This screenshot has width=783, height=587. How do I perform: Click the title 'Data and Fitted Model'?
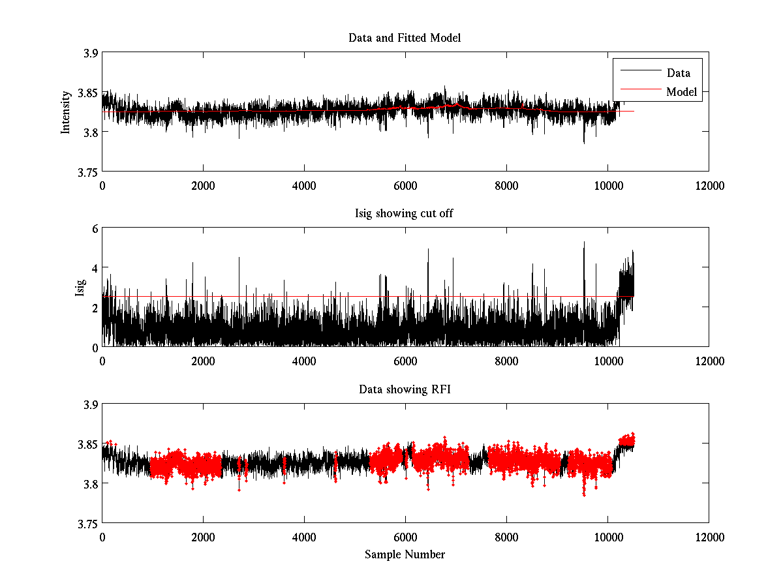(x=405, y=38)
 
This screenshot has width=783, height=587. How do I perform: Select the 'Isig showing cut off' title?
(x=405, y=214)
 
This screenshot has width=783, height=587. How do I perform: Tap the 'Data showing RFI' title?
(x=405, y=390)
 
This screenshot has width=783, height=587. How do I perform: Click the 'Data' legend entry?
(x=678, y=73)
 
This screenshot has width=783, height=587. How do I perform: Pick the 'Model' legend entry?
(x=681, y=92)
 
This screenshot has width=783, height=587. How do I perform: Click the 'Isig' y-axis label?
(x=80, y=288)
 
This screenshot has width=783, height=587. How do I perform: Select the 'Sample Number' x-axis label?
(x=405, y=554)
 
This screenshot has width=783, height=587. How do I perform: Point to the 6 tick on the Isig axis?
(x=94, y=229)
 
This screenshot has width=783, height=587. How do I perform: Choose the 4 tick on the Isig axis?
(x=94, y=268)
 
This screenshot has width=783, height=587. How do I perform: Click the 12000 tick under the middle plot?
(x=709, y=361)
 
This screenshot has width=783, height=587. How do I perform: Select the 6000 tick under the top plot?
(x=405, y=185)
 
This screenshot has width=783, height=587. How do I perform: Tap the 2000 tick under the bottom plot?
(x=203, y=537)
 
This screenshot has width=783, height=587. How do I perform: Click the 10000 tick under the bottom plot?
(x=607, y=537)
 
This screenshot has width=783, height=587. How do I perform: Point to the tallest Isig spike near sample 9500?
(x=584, y=243)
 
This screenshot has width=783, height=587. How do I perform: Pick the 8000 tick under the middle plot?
(x=506, y=361)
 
